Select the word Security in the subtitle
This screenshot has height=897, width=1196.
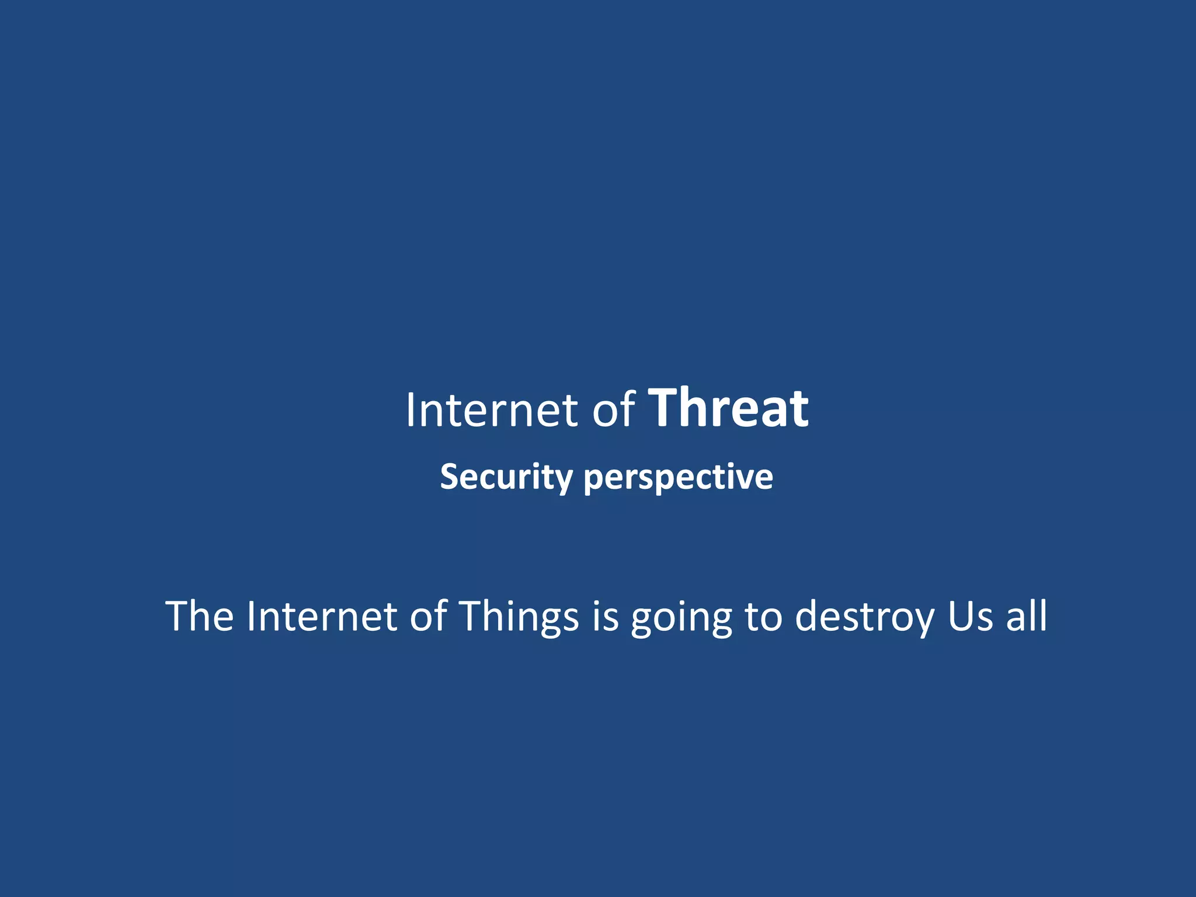point(506,477)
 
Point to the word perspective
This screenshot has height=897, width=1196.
point(678,477)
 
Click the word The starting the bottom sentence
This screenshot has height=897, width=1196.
point(200,616)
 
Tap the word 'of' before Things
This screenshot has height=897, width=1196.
point(428,616)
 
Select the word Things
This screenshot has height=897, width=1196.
point(518,616)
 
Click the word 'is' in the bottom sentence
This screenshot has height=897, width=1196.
point(605,616)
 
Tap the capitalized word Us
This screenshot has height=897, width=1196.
point(969,616)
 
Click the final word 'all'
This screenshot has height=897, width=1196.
point(1026,616)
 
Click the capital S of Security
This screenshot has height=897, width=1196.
point(450,477)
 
